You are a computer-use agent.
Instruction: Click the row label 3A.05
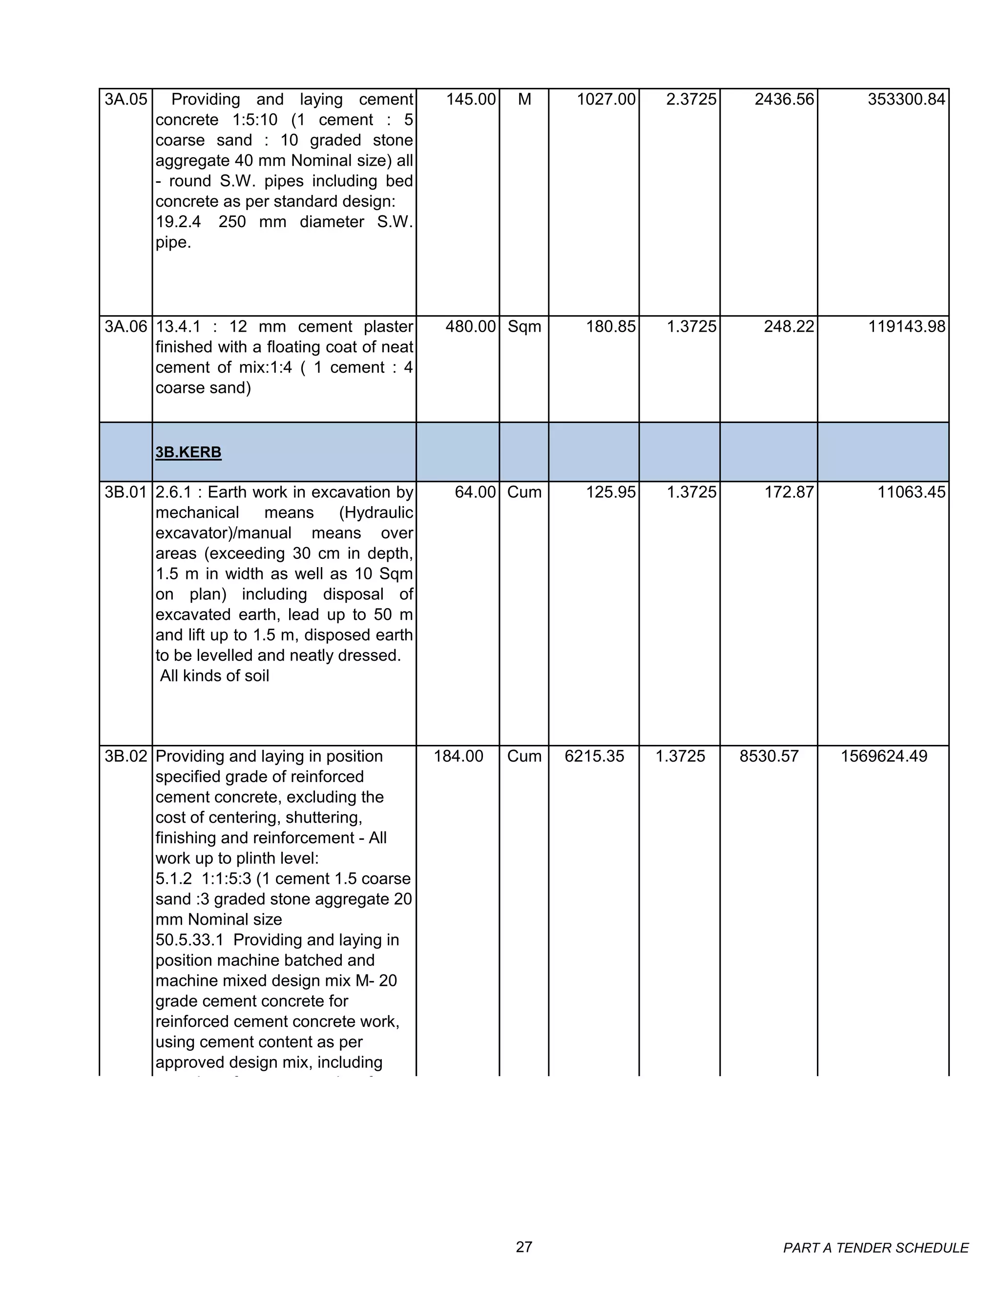[x=125, y=100]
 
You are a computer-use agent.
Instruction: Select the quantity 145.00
[x=471, y=100]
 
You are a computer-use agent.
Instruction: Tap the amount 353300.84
[x=906, y=100]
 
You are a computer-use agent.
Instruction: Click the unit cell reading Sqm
[x=524, y=327]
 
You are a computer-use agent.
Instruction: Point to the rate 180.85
[x=610, y=327]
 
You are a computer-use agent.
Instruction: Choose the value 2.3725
[x=691, y=100]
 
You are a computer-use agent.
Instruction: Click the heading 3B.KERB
[x=188, y=452]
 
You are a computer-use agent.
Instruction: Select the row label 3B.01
[x=125, y=492]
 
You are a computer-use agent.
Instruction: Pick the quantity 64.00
[x=475, y=492]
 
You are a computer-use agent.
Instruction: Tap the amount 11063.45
[x=911, y=492]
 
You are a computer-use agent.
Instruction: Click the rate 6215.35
[x=594, y=757]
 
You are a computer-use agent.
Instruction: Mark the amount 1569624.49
[x=884, y=757]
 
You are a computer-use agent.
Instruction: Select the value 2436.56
[x=784, y=100]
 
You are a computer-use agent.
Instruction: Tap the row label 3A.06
[x=125, y=327]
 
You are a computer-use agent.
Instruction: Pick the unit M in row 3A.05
[x=524, y=100]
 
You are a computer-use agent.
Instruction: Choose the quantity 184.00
[x=458, y=757]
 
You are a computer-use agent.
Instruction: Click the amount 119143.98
[x=906, y=327]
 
